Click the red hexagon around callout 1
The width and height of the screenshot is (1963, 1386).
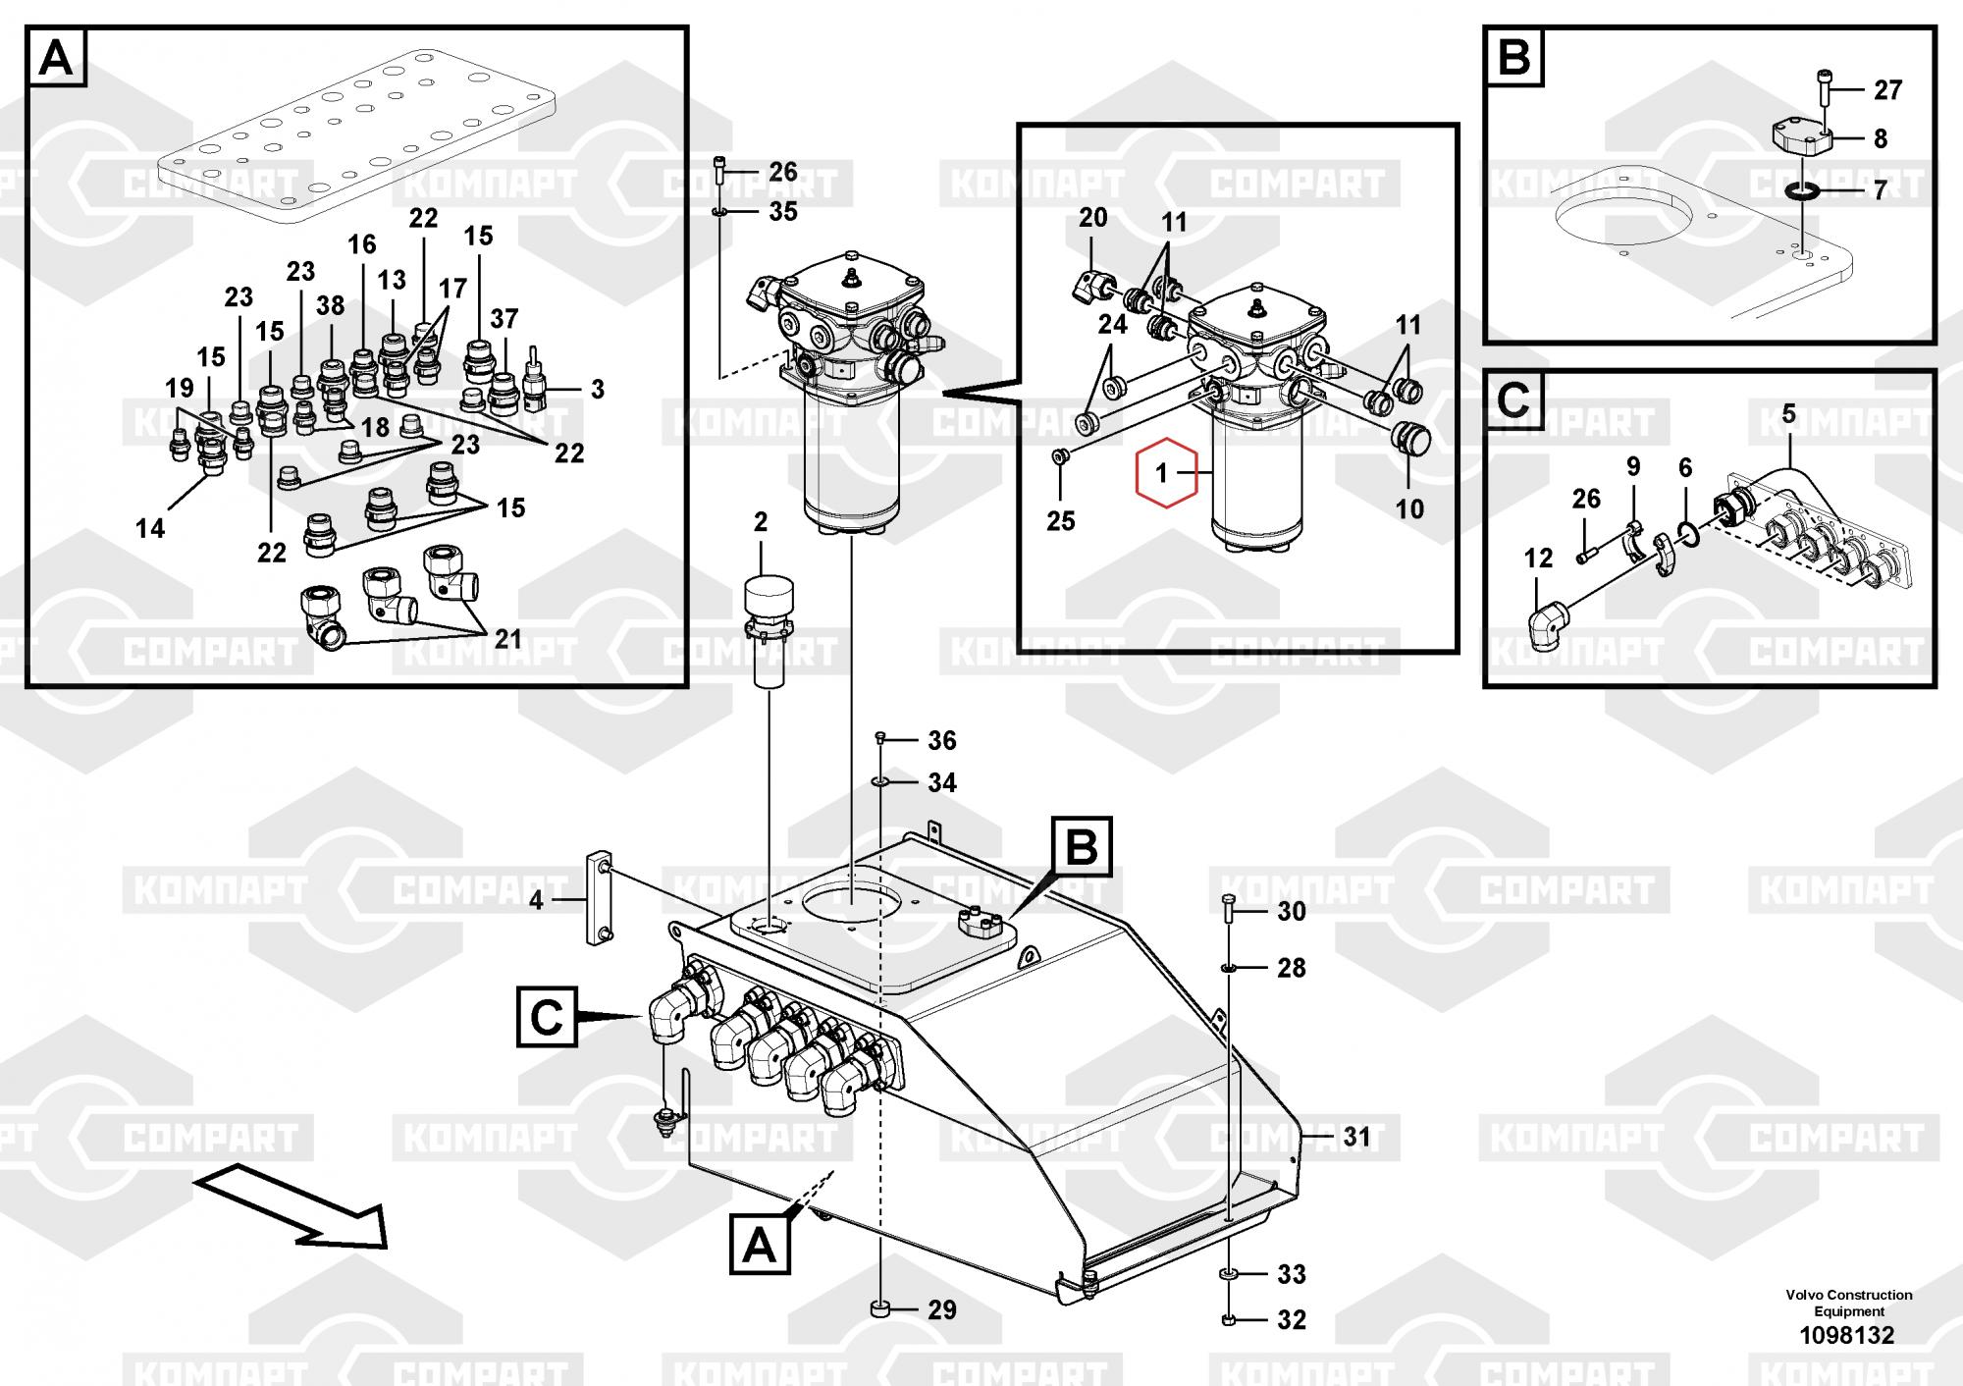point(1166,473)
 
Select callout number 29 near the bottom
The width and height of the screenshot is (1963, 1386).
point(942,1309)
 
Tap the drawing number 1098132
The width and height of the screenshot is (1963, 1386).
point(1846,1335)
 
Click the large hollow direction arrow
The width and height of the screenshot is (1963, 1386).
point(294,1205)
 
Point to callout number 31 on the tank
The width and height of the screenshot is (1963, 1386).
point(1356,1137)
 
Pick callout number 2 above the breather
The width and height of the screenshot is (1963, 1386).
point(761,522)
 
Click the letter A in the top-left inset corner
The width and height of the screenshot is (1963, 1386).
point(56,59)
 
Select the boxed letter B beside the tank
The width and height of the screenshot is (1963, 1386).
point(1082,846)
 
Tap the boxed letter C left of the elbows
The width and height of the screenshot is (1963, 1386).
point(547,1018)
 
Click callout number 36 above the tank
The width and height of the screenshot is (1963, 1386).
point(942,740)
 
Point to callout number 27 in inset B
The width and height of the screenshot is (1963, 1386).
point(1887,90)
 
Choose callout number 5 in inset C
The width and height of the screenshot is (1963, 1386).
point(1788,414)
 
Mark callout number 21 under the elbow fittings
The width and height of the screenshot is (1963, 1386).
point(507,639)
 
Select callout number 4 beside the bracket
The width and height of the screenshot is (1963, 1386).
point(536,899)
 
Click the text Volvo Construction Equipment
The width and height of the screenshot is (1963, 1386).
point(1848,1303)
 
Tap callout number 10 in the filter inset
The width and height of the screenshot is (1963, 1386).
point(1409,508)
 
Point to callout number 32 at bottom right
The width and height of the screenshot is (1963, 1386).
point(1292,1319)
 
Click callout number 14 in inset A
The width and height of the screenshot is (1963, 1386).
point(150,528)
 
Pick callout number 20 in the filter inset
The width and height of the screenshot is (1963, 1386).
point(1092,217)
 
